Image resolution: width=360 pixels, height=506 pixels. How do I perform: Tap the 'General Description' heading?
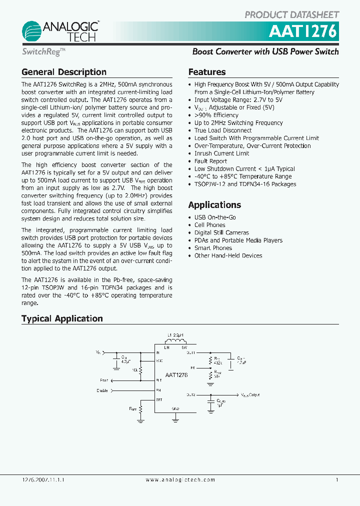click(64, 72)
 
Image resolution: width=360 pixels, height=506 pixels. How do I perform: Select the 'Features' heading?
click(207, 72)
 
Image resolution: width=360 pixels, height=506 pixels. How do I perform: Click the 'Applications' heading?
click(214, 205)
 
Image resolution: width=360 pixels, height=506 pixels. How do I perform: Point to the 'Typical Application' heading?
click(62, 318)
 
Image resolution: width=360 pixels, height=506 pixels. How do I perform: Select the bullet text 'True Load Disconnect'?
click(223, 130)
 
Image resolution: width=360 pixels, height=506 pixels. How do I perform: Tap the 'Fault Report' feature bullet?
click(210, 161)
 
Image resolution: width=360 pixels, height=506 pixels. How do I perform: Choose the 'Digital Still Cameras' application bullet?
click(221, 232)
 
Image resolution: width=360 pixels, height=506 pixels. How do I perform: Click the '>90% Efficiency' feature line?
click(216, 115)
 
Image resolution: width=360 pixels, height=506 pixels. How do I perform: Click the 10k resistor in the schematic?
click(140, 369)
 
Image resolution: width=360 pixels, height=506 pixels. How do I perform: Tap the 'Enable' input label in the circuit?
click(102, 390)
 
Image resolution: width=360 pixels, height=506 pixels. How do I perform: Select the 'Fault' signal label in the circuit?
click(103, 380)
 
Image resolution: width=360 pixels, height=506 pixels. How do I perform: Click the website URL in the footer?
click(180, 479)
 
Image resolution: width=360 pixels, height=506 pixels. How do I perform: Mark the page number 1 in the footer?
click(337, 479)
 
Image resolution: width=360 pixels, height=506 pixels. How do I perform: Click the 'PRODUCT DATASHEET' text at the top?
click(291, 15)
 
